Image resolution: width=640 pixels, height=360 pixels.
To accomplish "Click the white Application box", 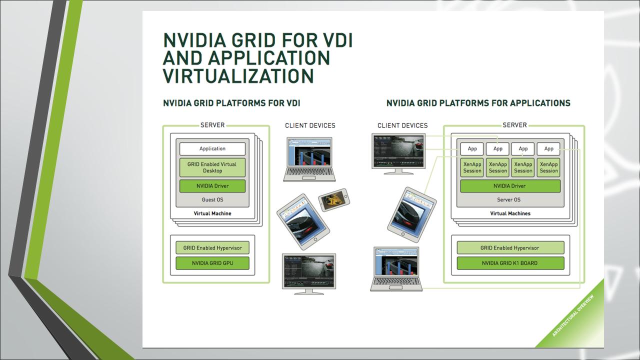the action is click(x=212, y=148).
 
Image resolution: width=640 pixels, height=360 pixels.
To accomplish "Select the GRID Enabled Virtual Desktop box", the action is click(x=212, y=167).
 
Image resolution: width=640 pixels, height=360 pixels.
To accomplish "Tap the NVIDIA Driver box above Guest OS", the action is click(x=212, y=186).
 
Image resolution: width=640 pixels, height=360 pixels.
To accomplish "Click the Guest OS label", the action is click(x=212, y=199).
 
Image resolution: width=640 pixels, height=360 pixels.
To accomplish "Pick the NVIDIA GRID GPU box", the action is click(x=212, y=263).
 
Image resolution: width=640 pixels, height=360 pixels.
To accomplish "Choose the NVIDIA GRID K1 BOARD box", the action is click(x=510, y=263).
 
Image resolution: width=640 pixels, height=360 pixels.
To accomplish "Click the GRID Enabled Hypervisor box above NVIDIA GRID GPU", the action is click(x=212, y=247).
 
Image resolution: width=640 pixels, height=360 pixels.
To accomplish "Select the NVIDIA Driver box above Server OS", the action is click(x=510, y=186).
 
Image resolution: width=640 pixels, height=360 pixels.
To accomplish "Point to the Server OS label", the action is click(x=508, y=199).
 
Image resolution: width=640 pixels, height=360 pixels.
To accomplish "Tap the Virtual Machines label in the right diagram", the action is click(x=510, y=213).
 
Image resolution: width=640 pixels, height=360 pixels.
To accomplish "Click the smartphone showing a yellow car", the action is click(x=334, y=199).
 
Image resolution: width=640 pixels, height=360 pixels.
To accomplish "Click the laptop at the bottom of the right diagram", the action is click(x=396, y=269).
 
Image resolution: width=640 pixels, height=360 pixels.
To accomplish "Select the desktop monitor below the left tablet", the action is click(x=309, y=274).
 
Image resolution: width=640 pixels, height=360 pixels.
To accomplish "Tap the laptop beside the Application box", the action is click(x=309, y=159).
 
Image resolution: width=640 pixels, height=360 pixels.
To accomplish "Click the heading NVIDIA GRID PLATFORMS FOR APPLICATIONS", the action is click(x=478, y=103).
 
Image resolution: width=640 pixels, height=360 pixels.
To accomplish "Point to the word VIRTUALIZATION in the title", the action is click(x=238, y=76).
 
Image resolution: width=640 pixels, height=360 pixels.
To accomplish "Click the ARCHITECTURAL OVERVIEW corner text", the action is click(x=573, y=315).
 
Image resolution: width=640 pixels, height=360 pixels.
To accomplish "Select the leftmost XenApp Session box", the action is click(x=472, y=167).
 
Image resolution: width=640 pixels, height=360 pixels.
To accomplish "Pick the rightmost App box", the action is click(x=548, y=148).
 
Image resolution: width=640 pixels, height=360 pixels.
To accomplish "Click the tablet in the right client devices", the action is click(x=411, y=215).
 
